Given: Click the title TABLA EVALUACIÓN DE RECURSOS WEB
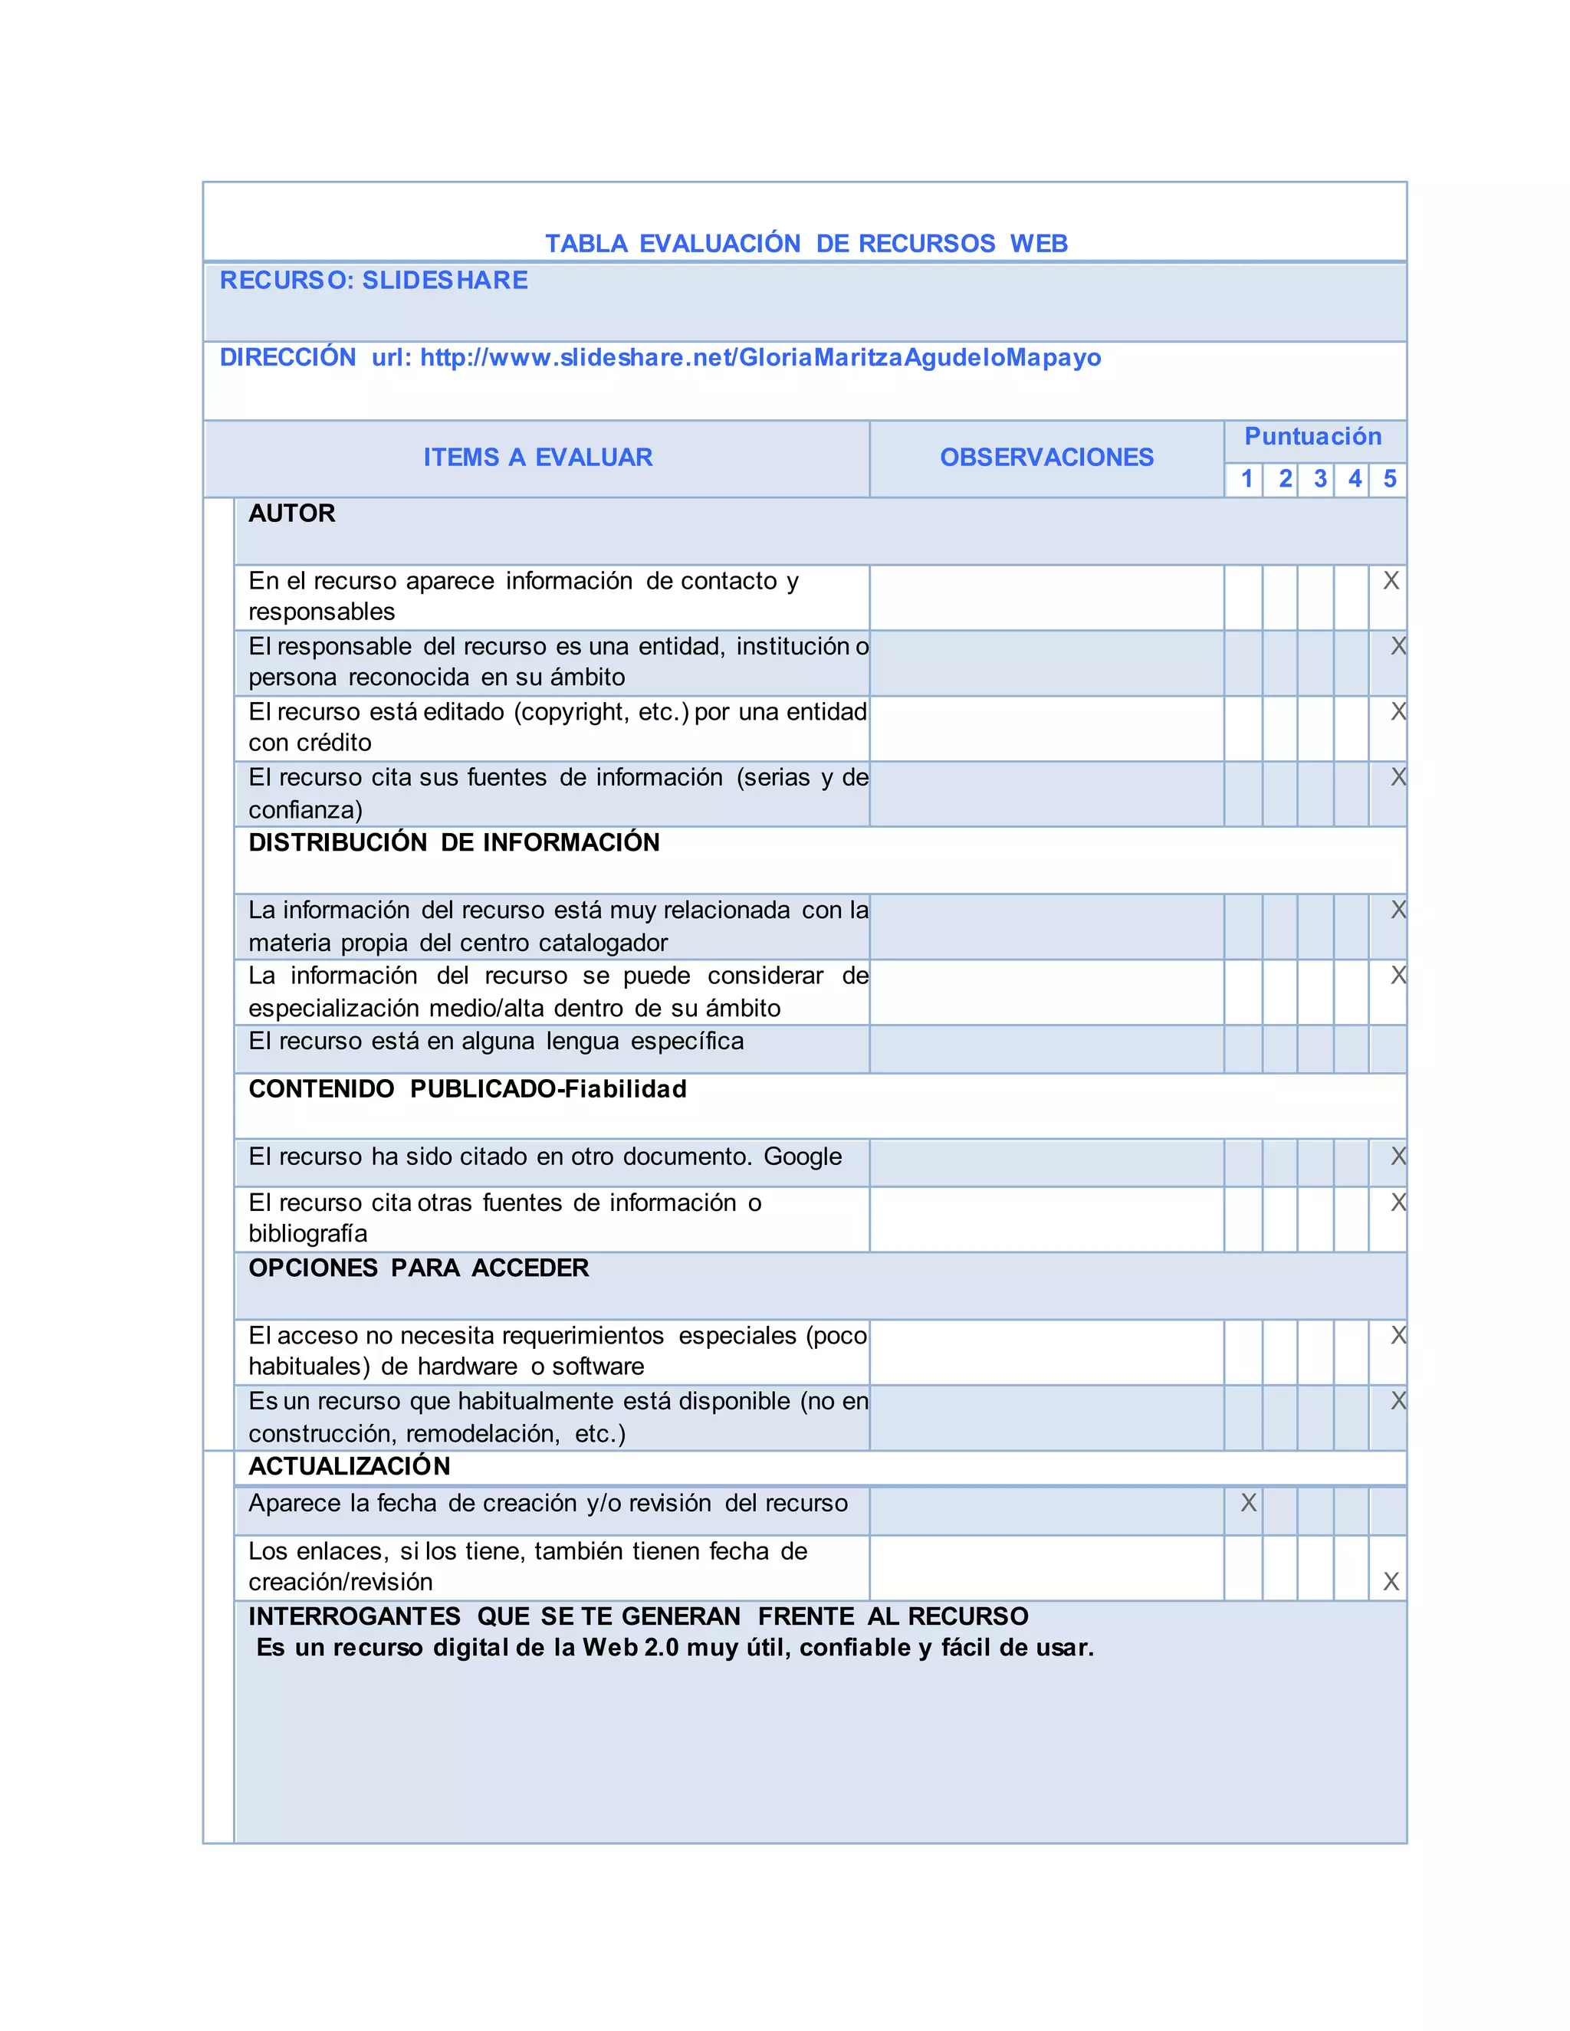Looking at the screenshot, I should (806, 244).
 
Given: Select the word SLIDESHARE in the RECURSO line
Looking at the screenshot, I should (445, 280).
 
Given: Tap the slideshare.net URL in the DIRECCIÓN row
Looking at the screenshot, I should (760, 357).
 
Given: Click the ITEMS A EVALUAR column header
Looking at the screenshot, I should (537, 457).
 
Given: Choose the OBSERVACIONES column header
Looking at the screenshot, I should (1046, 457).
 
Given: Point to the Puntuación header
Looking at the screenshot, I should (1312, 436).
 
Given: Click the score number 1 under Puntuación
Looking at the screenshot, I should (1246, 479).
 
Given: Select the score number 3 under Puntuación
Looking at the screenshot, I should (1319, 479).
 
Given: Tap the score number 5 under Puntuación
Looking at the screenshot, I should (1390, 479).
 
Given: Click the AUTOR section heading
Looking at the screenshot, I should (291, 513).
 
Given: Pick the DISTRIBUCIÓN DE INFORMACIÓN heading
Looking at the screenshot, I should (454, 842).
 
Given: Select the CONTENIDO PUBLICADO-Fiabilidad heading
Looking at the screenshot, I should (467, 1089).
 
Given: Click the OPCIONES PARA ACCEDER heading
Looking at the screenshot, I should (419, 1268).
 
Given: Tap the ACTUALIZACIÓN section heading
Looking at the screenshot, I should (349, 1465).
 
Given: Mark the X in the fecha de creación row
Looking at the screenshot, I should (1248, 1503).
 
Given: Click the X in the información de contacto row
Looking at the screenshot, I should (1391, 580).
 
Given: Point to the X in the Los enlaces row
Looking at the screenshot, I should (1391, 1581).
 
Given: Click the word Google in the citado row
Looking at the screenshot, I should (803, 1156).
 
